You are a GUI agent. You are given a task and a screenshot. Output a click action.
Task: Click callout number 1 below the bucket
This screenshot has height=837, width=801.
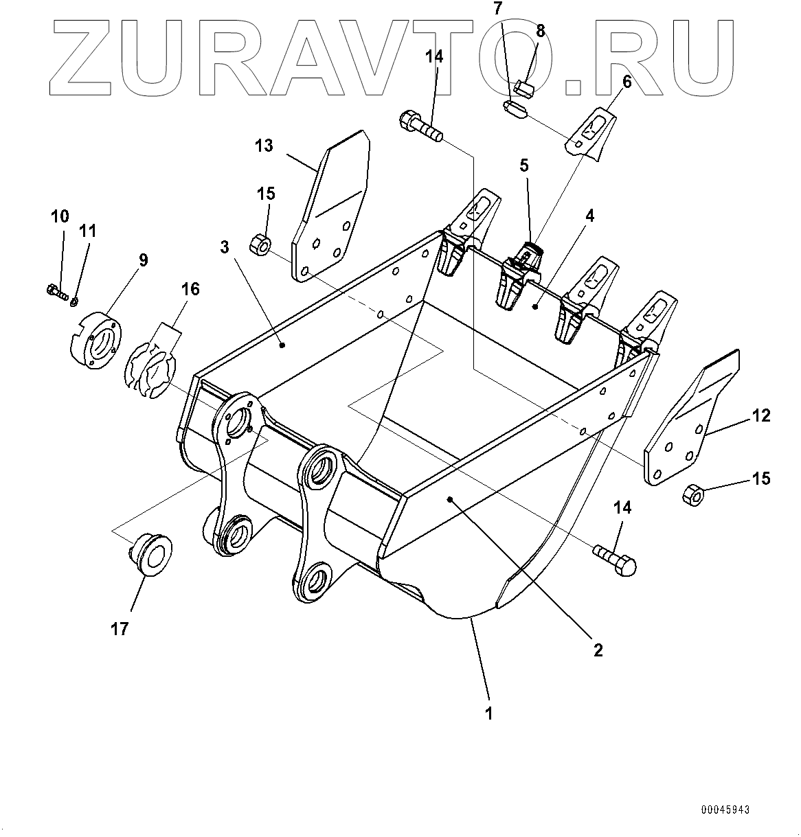[489, 713]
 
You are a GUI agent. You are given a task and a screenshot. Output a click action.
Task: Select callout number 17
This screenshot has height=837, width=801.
[120, 628]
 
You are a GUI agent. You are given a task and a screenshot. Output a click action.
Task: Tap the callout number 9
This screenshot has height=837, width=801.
[143, 260]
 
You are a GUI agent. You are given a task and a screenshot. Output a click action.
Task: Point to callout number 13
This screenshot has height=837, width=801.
[264, 146]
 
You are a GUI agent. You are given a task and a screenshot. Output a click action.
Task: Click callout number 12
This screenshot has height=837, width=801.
[761, 415]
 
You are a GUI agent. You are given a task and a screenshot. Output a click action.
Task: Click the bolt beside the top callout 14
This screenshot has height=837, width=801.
[419, 128]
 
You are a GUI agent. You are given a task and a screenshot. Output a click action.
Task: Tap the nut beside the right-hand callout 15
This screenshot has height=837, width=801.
[692, 493]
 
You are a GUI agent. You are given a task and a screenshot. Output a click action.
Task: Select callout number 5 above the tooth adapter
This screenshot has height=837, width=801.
[524, 165]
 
